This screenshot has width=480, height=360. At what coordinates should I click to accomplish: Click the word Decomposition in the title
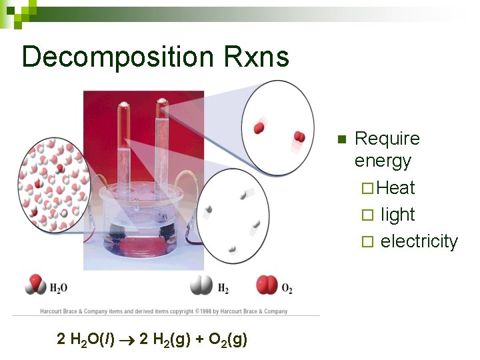(116, 57)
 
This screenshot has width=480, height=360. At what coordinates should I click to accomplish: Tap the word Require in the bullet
(387, 139)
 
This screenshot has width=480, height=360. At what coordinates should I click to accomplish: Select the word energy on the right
(383, 161)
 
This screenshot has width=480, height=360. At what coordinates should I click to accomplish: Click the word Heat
(396, 188)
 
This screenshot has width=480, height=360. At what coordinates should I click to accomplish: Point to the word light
(398, 215)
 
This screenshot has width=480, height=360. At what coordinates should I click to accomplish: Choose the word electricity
(419, 241)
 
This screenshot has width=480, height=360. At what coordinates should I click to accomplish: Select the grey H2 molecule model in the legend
(201, 286)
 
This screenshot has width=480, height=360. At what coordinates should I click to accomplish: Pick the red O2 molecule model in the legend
(267, 286)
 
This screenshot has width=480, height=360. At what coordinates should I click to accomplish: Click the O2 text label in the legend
(287, 289)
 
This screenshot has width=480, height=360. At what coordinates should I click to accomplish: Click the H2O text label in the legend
(59, 288)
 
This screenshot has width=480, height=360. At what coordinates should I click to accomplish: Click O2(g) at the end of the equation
(228, 340)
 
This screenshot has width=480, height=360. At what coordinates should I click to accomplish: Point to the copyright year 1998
(206, 311)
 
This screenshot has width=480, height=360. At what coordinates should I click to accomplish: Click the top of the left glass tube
(125, 106)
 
